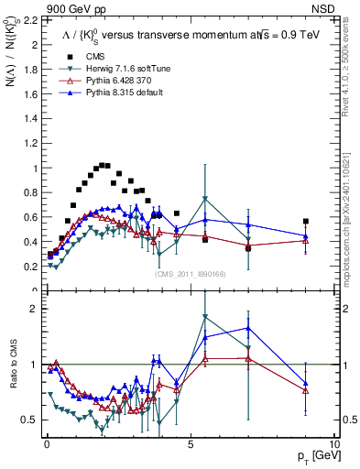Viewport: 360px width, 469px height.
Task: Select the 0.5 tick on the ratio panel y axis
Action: tap(30, 420)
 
